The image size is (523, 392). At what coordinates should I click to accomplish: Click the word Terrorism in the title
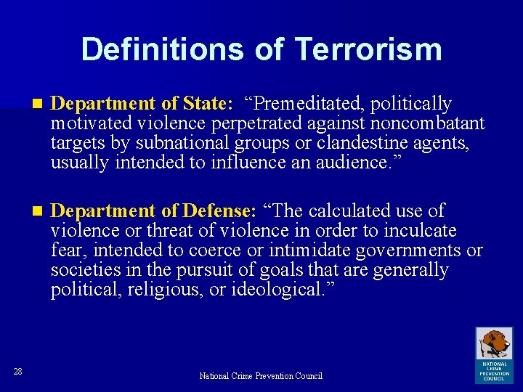click(368, 49)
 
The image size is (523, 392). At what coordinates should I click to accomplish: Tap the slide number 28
click(18, 372)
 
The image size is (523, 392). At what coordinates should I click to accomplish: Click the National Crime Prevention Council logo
click(494, 354)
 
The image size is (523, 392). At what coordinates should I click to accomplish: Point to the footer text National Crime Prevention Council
click(261, 376)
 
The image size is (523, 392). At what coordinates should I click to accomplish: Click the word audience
click(352, 163)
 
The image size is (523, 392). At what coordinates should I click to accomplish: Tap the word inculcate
click(421, 231)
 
